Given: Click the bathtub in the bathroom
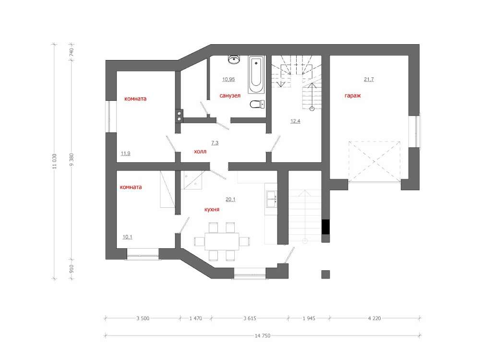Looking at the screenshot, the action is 256,74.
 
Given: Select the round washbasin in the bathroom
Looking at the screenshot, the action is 234,60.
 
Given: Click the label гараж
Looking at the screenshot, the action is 353,96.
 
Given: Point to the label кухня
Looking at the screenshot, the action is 212,209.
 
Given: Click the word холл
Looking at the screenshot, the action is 200,152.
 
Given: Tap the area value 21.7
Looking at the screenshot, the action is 369,79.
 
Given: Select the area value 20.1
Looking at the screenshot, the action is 230,199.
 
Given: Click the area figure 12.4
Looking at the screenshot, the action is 295,121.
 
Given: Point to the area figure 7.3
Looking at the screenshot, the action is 215,143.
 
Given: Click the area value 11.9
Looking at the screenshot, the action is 125,154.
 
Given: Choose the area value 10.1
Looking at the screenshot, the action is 127,237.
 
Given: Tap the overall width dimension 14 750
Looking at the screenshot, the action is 263,336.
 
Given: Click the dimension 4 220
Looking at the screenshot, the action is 374,318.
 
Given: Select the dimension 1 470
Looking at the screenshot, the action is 196,318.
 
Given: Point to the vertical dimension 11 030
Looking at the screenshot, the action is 54,161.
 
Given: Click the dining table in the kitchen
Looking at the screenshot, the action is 222,241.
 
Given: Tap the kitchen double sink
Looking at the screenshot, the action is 271,199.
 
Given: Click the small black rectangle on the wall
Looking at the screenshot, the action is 326,227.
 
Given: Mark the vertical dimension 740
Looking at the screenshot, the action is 72,52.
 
